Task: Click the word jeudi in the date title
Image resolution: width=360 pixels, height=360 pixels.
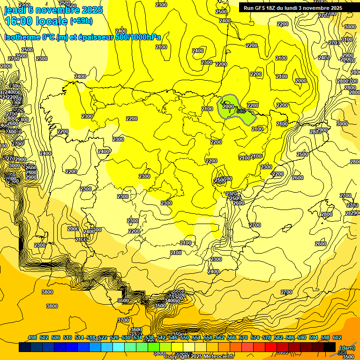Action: pyautogui.click(x=15, y=10)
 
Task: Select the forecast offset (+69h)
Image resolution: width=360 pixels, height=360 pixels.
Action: pyautogui.click(x=81, y=21)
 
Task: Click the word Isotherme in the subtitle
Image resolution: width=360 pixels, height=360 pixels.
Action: pyautogui.click(x=22, y=37)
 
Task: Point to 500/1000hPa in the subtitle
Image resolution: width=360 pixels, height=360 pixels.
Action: pyautogui.click(x=136, y=37)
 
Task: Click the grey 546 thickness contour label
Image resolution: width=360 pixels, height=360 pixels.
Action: pyautogui.click(x=241, y=111)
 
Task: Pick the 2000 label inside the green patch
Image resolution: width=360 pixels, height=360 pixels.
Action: pyautogui.click(x=228, y=106)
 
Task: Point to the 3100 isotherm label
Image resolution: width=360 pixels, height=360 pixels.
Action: pyautogui.click(x=346, y=39)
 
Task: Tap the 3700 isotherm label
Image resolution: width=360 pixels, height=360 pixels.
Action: pyautogui.click(x=123, y=320)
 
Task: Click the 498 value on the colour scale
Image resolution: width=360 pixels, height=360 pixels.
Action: pyautogui.click(x=32, y=337)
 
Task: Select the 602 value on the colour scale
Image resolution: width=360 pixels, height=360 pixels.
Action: pyautogui.click(x=337, y=337)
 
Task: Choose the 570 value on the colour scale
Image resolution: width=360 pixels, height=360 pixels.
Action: pyautogui.click(x=243, y=337)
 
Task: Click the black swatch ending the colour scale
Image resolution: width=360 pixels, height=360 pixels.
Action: pyautogui.click(x=330, y=347)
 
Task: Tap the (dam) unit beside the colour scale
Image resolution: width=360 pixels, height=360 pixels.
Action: pyautogui.click(x=347, y=348)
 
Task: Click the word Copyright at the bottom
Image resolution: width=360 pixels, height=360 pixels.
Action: pyautogui.click(x=177, y=356)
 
